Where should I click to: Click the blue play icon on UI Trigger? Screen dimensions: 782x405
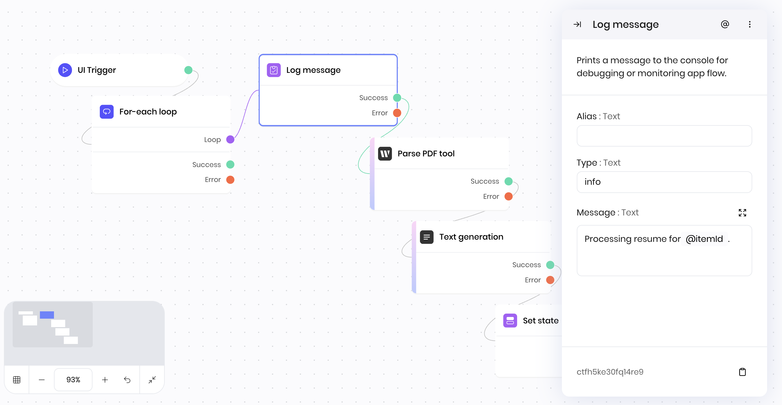(x=65, y=70)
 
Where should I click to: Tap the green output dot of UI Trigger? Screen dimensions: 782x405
(x=188, y=70)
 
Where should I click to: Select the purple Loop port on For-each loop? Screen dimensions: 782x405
(x=230, y=139)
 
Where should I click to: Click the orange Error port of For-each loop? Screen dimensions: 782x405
(x=230, y=180)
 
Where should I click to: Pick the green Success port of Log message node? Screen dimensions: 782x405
(x=397, y=98)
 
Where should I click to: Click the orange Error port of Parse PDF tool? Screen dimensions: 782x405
(x=508, y=197)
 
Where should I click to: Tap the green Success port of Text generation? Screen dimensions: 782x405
(x=550, y=265)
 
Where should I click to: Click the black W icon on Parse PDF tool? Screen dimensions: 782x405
(x=385, y=154)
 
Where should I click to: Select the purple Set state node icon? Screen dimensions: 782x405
(x=510, y=321)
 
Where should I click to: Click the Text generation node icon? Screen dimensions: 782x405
(x=426, y=237)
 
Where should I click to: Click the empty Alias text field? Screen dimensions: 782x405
(x=664, y=136)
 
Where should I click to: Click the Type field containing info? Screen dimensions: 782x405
(x=664, y=182)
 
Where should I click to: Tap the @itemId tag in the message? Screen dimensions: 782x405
(x=704, y=239)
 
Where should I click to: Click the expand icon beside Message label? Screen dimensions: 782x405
(x=742, y=213)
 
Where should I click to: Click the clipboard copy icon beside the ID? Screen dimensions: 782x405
(x=742, y=372)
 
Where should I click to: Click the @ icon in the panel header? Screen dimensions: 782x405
(x=725, y=24)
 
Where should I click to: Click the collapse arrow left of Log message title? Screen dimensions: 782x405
(x=577, y=24)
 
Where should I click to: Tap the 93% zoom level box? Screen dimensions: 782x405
(x=73, y=380)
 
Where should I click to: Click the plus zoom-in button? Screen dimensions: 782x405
(x=105, y=380)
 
